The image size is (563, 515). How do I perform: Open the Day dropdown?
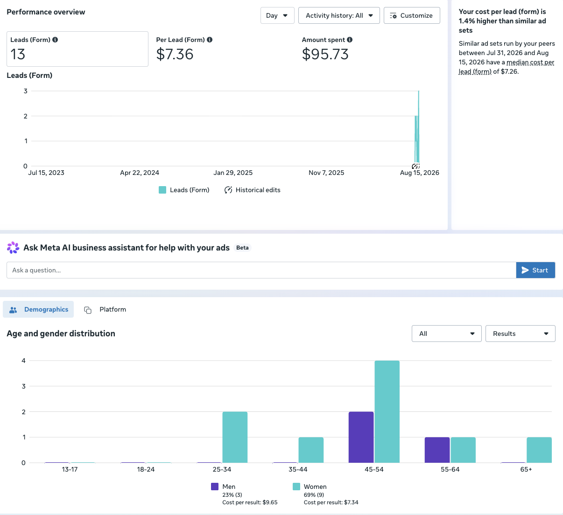[x=277, y=15]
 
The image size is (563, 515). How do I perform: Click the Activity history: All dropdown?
[x=339, y=15]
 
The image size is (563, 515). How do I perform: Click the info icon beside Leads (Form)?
[x=55, y=40]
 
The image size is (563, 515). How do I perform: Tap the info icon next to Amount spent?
[x=349, y=40]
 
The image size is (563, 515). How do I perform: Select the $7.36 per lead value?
[x=175, y=54]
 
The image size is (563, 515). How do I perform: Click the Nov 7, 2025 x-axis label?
[x=326, y=173]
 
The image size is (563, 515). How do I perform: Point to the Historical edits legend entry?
[x=252, y=190]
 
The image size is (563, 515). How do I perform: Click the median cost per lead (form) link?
[x=507, y=67]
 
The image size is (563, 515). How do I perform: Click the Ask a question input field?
[x=261, y=270]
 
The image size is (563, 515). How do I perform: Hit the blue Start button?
[x=535, y=270]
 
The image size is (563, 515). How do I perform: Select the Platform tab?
[x=105, y=309]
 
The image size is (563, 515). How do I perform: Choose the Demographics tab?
[x=38, y=309]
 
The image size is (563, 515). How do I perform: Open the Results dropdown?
[x=520, y=334]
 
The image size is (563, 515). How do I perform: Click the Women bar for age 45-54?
[x=387, y=411]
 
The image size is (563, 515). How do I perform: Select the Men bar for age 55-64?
[x=437, y=450]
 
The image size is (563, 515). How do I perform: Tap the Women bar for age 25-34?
[x=235, y=437]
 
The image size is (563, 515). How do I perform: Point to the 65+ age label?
[x=526, y=469]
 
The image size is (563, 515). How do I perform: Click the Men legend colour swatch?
[x=215, y=487]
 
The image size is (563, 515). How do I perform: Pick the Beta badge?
[x=242, y=248]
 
